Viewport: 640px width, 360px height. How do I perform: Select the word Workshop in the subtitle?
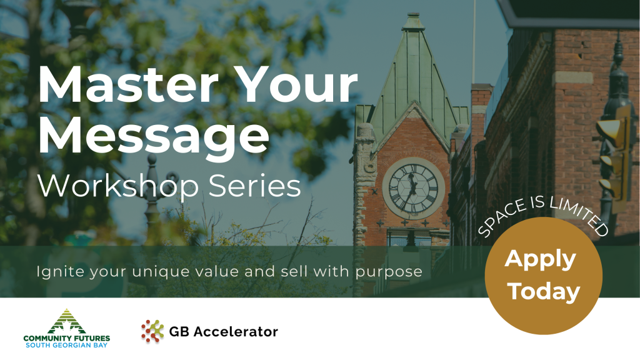click(x=118, y=186)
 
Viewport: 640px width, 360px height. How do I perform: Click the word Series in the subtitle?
click(x=255, y=186)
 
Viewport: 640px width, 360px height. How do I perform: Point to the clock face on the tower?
click(x=413, y=188)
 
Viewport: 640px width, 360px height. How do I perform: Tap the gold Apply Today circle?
click(x=543, y=276)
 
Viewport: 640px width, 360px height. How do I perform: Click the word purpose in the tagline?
click(x=389, y=272)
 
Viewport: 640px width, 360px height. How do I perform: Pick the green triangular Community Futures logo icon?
click(x=66, y=322)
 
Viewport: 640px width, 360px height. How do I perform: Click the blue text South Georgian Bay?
click(x=66, y=345)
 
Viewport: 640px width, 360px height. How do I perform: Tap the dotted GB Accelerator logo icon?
click(x=152, y=331)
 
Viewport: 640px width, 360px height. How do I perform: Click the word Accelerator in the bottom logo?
click(x=236, y=331)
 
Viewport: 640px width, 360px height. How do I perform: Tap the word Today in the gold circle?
click(x=544, y=291)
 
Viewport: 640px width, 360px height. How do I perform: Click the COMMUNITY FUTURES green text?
click(x=66, y=338)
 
